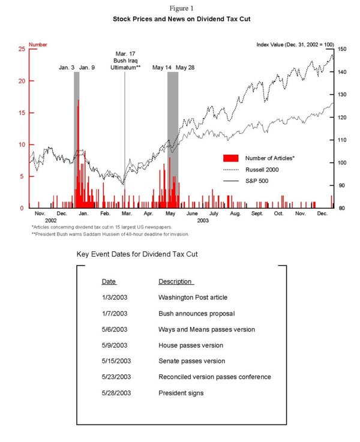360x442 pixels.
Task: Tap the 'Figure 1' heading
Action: (x=180, y=8)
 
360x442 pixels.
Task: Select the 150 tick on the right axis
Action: (x=340, y=49)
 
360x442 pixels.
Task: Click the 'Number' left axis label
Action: (x=38, y=44)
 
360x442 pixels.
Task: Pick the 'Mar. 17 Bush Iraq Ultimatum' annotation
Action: (x=125, y=61)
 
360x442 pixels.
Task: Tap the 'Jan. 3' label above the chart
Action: (x=66, y=68)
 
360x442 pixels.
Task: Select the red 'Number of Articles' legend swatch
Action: (x=231, y=158)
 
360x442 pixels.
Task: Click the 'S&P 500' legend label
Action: (x=257, y=180)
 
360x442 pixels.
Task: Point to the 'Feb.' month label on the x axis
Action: (x=105, y=214)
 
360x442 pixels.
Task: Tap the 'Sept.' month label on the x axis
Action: (x=257, y=214)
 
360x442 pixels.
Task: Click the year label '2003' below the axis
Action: (x=203, y=221)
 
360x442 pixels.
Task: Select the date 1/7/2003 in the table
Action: (x=115, y=313)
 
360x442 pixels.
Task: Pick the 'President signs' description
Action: (x=181, y=393)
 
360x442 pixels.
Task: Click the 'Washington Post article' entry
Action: (x=193, y=297)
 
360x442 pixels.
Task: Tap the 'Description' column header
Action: (x=175, y=281)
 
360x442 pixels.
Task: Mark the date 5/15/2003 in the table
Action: (x=116, y=361)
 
